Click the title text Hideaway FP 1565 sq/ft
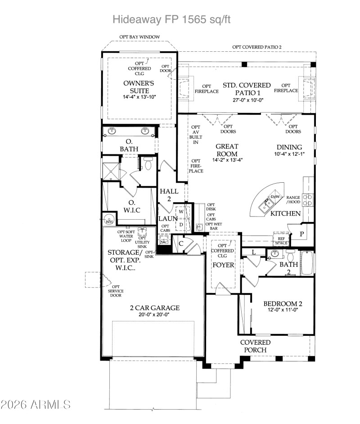tap(173, 19)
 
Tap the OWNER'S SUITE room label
tap(139, 87)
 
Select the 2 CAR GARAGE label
tap(155, 308)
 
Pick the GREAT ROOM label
tap(226, 150)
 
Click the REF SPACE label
tap(281, 240)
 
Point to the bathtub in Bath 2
tap(307, 263)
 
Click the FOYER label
tap(223, 265)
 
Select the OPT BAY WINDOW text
tap(139, 37)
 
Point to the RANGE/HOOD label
tap(293, 200)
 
